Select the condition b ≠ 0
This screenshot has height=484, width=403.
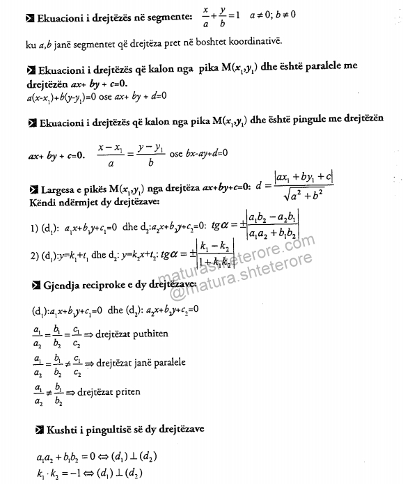pos(349,13)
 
